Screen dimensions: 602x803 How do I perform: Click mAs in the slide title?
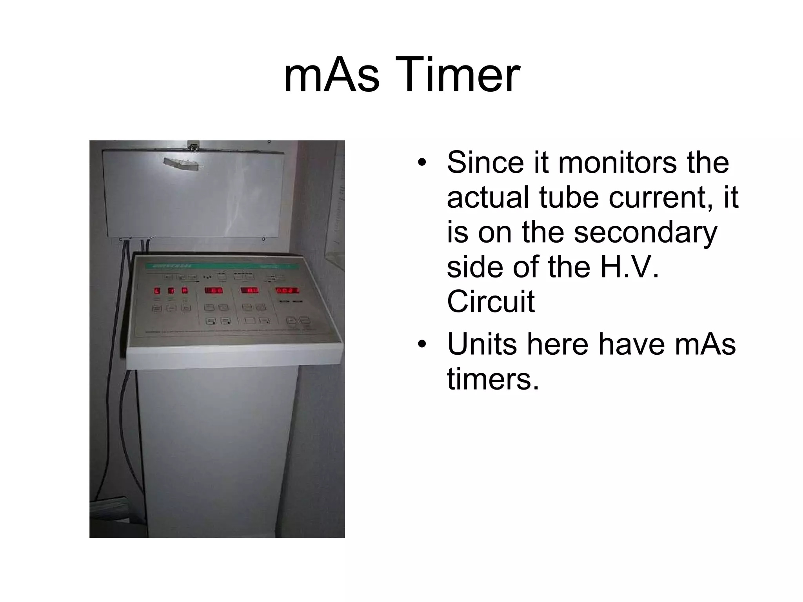coord(331,74)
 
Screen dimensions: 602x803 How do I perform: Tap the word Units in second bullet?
coord(482,344)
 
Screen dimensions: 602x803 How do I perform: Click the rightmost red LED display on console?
coord(287,290)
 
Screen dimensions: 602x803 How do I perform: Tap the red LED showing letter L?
coord(157,291)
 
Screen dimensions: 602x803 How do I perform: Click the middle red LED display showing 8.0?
coord(250,290)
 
